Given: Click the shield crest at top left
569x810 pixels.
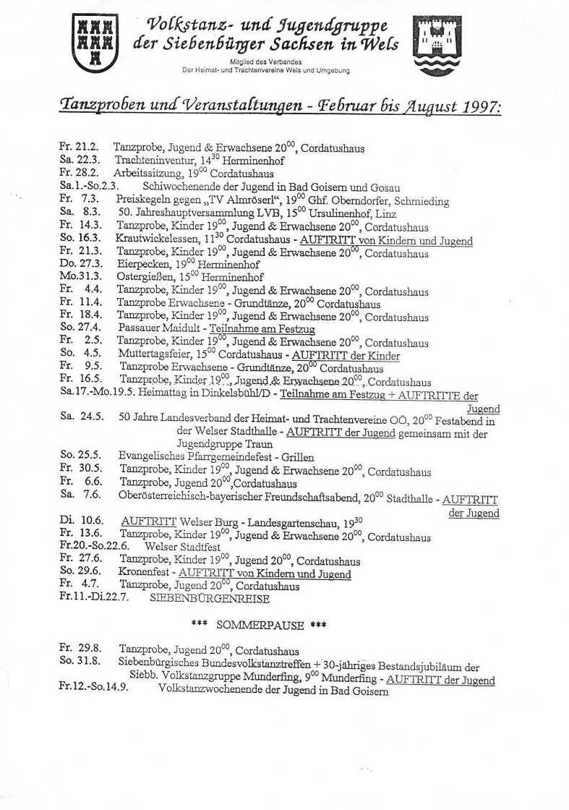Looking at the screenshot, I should tap(95, 43).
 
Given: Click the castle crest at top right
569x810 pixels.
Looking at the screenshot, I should tap(437, 46).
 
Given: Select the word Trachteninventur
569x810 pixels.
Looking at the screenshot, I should tap(147, 161).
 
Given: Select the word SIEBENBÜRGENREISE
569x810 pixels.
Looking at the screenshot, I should tap(209, 599).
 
